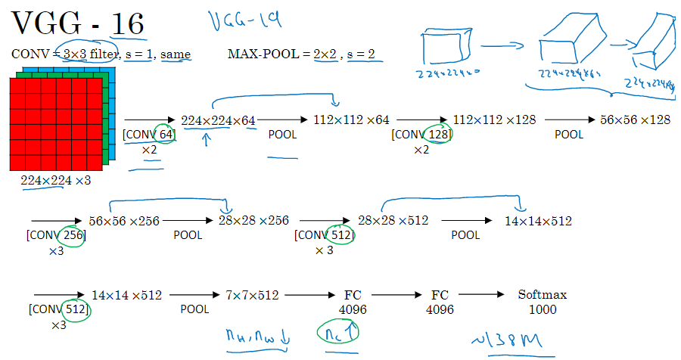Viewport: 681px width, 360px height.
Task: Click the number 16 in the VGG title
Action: (x=128, y=25)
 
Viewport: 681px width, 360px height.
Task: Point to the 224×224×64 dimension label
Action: (x=219, y=120)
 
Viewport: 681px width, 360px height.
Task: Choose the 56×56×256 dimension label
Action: (x=125, y=221)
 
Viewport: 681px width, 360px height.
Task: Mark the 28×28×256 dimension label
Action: (x=253, y=221)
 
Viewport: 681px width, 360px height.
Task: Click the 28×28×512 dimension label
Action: (x=393, y=221)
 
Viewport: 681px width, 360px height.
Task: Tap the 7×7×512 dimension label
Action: (x=252, y=295)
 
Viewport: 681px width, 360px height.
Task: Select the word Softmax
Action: (x=542, y=294)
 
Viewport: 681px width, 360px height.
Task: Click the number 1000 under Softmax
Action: (x=542, y=309)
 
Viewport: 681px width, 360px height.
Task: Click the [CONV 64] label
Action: (x=149, y=135)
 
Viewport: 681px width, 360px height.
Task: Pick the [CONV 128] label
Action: (x=421, y=135)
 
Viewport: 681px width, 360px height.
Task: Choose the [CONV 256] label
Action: (x=56, y=235)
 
